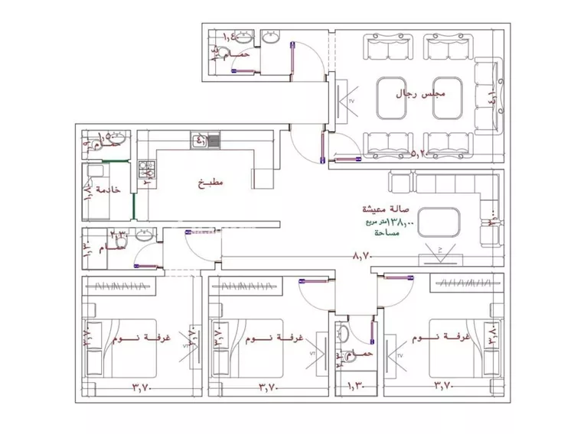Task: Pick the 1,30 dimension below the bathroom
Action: [x=357, y=387]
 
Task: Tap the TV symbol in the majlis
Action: [x=342, y=101]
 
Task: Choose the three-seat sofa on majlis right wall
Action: [x=485, y=97]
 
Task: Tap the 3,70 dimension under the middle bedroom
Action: [x=269, y=387]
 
